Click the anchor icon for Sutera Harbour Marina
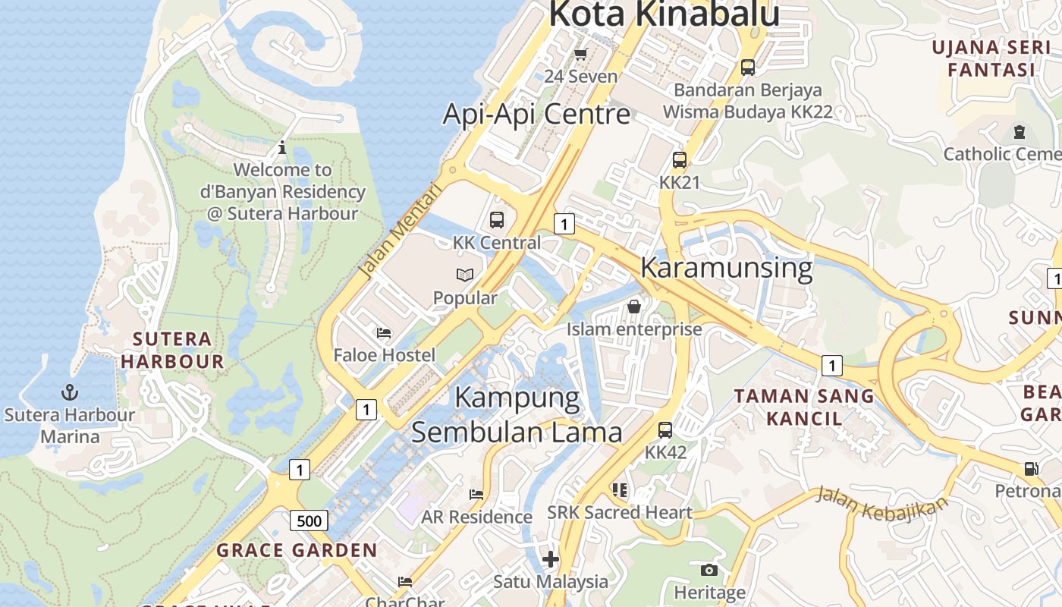pos(70,392)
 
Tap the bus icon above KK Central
pos(497,220)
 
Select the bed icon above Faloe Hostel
pos(384,333)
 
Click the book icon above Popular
pos(465,275)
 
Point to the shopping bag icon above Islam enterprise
pos(634,307)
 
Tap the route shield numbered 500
pos(309,521)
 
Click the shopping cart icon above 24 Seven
pos(581,54)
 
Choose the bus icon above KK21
pos(680,160)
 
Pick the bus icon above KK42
pos(665,430)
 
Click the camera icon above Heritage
pos(709,570)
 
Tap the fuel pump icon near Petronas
pos(1031,469)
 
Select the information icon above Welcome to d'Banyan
pos(282,147)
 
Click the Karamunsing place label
pos(726,268)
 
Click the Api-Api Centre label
pos(536,114)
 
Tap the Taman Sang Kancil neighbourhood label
pos(804,407)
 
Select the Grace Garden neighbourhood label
pos(297,550)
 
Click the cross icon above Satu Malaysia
pos(551,560)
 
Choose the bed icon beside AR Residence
pos(476,495)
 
